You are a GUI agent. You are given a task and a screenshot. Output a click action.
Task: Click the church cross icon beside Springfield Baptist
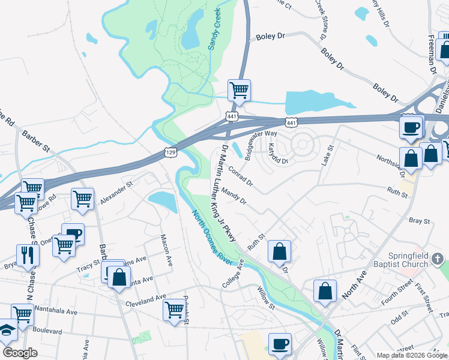click(x=438, y=259)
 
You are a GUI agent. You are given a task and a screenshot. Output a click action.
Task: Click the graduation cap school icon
click(x=7, y=330)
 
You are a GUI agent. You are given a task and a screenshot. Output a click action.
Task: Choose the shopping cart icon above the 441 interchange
click(x=239, y=91)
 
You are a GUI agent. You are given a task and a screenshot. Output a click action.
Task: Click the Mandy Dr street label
click(x=234, y=197)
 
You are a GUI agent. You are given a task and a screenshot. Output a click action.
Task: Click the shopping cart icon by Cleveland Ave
click(x=174, y=310)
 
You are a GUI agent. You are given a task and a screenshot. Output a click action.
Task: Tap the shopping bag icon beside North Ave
click(x=325, y=290)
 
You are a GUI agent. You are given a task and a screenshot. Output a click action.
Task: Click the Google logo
click(x=20, y=352)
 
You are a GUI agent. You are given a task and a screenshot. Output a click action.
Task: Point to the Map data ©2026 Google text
click(x=412, y=355)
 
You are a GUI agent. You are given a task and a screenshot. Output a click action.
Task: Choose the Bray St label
click(x=420, y=221)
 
